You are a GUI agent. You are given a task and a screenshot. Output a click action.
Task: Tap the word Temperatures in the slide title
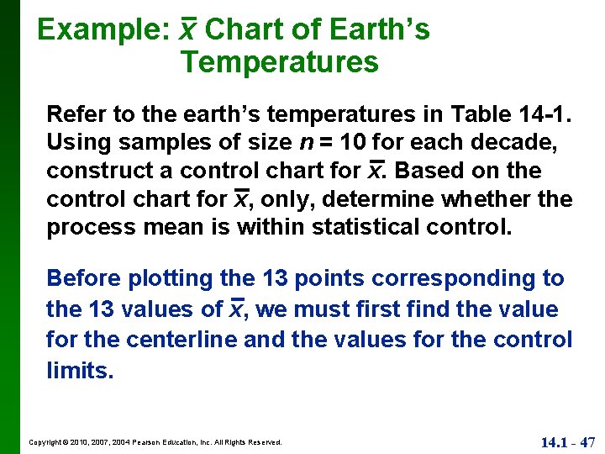click(279, 62)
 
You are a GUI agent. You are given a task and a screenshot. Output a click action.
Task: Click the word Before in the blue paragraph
click(78, 278)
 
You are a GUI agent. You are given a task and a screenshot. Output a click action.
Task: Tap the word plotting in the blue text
click(164, 278)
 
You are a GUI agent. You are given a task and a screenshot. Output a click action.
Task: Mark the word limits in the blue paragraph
click(79, 371)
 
